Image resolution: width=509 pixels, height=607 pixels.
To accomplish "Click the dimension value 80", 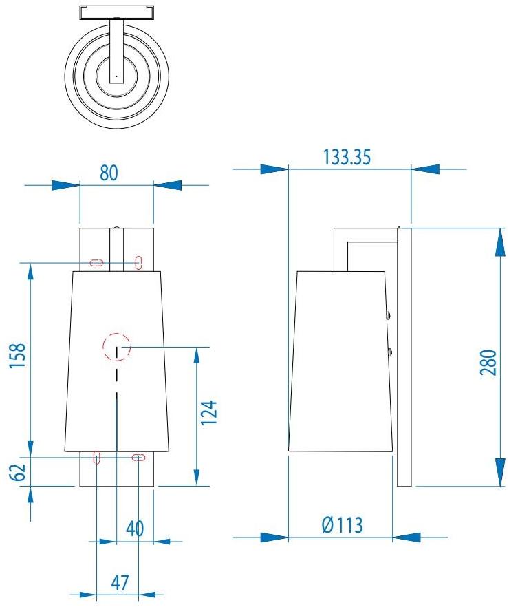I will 109,173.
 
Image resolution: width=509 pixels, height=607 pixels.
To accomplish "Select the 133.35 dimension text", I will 347,158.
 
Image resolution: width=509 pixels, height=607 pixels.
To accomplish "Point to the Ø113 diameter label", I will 342,526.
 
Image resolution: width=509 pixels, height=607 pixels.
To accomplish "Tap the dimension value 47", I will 120,582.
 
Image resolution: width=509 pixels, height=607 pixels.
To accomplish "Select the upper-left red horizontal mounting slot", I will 96,262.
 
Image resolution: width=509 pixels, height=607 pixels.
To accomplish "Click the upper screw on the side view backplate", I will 390,315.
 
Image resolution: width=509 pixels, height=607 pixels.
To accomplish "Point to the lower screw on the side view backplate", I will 390,352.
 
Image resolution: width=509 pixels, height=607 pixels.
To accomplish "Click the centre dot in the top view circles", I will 116,74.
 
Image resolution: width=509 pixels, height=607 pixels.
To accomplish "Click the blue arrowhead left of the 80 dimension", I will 66,185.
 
